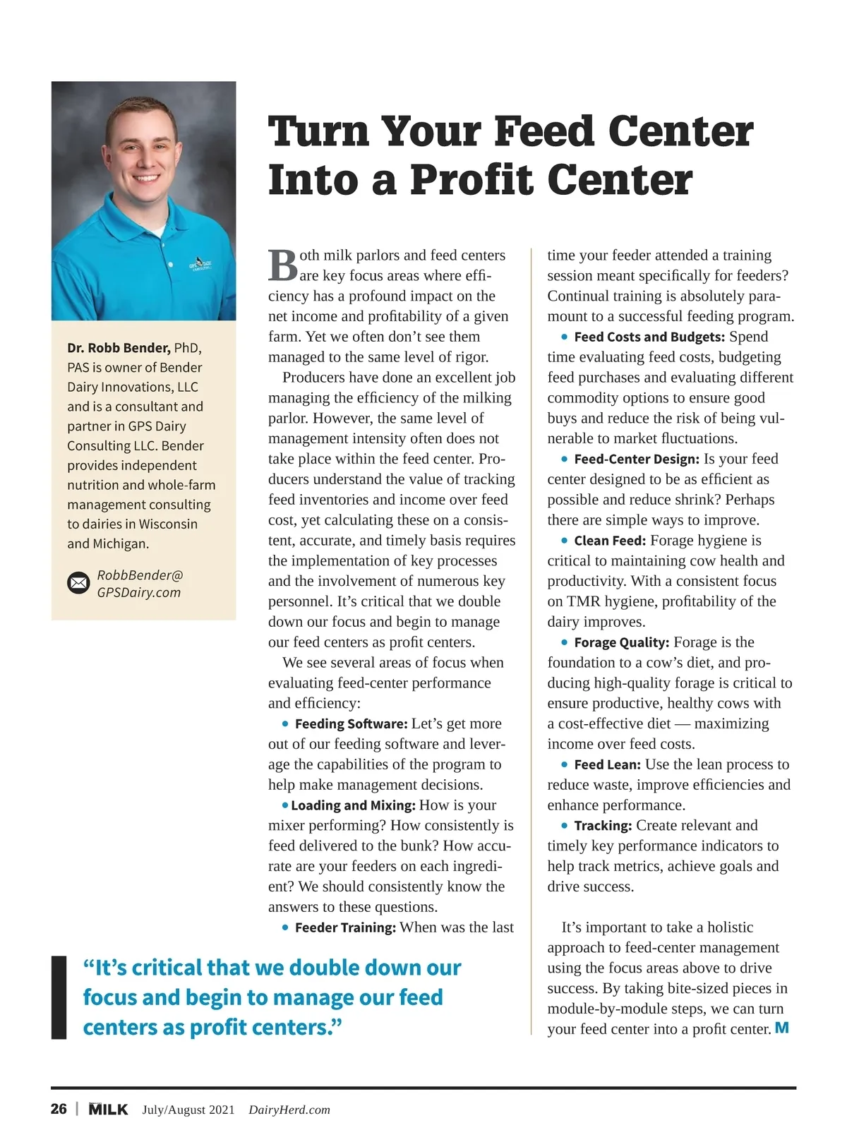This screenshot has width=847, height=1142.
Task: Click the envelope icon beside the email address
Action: click(x=78, y=583)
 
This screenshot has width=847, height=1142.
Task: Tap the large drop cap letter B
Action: click(x=283, y=265)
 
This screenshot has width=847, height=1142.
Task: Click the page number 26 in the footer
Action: click(x=59, y=1109)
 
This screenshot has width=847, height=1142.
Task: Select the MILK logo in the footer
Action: click(x=108, y=1109)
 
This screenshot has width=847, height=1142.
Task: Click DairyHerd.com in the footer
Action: click(x=289, y=1110)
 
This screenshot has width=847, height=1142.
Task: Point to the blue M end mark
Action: click(x=781, y=1028)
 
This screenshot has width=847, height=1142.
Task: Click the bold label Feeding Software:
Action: click(x=351, y=723)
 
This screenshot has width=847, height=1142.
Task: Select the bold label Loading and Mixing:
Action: click(x=353, y=805)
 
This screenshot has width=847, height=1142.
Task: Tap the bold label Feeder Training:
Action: click(x=345, y=927)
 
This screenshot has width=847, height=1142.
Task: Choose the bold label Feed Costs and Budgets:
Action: click(x=649, y=337)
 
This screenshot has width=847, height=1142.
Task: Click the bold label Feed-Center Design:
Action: click(x=637, y=459)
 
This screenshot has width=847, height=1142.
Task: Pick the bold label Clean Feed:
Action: click(x=610, y=541)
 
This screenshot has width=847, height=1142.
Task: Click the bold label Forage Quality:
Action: click(x=621, y=642)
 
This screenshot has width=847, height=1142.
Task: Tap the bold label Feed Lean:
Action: click(x=607, y=764)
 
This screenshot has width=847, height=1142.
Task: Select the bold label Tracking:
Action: click(x=603, y=826)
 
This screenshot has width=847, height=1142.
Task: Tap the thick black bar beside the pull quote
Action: click(x=59, y=997)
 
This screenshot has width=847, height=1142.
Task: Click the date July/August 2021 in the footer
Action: click(x=188, y=1110)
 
